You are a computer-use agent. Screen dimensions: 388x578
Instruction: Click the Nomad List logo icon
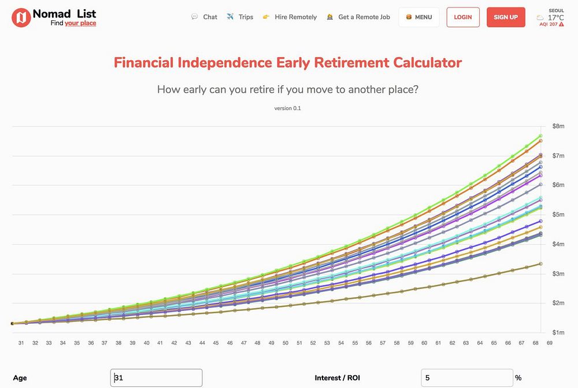pos(21,17)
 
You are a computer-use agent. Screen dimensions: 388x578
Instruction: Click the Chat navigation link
pos(210,17)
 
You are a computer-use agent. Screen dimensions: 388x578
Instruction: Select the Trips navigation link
pos(246,17)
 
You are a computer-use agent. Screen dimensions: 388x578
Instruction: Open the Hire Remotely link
pos(295,17)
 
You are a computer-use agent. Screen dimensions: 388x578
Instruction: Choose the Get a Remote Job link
pos(364,17)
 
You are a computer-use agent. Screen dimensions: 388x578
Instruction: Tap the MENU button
pos(419,17)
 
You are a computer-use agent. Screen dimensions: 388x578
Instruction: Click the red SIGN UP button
pos(506,17)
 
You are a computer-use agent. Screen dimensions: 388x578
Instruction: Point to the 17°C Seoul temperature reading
pos(555,17)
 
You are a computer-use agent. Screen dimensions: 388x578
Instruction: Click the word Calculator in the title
pos(427,63)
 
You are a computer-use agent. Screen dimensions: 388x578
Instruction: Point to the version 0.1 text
pos(287,108)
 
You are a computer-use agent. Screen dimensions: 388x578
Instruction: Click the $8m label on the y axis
pos(558,126)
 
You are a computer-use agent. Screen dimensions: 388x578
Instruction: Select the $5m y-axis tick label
pos(558,215)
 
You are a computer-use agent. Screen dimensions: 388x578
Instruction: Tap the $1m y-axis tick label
pos(558,332)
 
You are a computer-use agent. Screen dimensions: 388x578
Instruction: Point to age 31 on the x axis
pos(21,343)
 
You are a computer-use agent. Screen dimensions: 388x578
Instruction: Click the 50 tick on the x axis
pos(285,343)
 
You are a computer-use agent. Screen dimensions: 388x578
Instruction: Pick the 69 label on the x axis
pos(549,343)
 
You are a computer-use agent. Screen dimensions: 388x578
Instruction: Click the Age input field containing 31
pos(156,378)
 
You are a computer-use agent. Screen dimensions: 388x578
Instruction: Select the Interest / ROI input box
pos(466,378)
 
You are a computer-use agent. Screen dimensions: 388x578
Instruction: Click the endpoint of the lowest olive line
pos(540,263)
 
